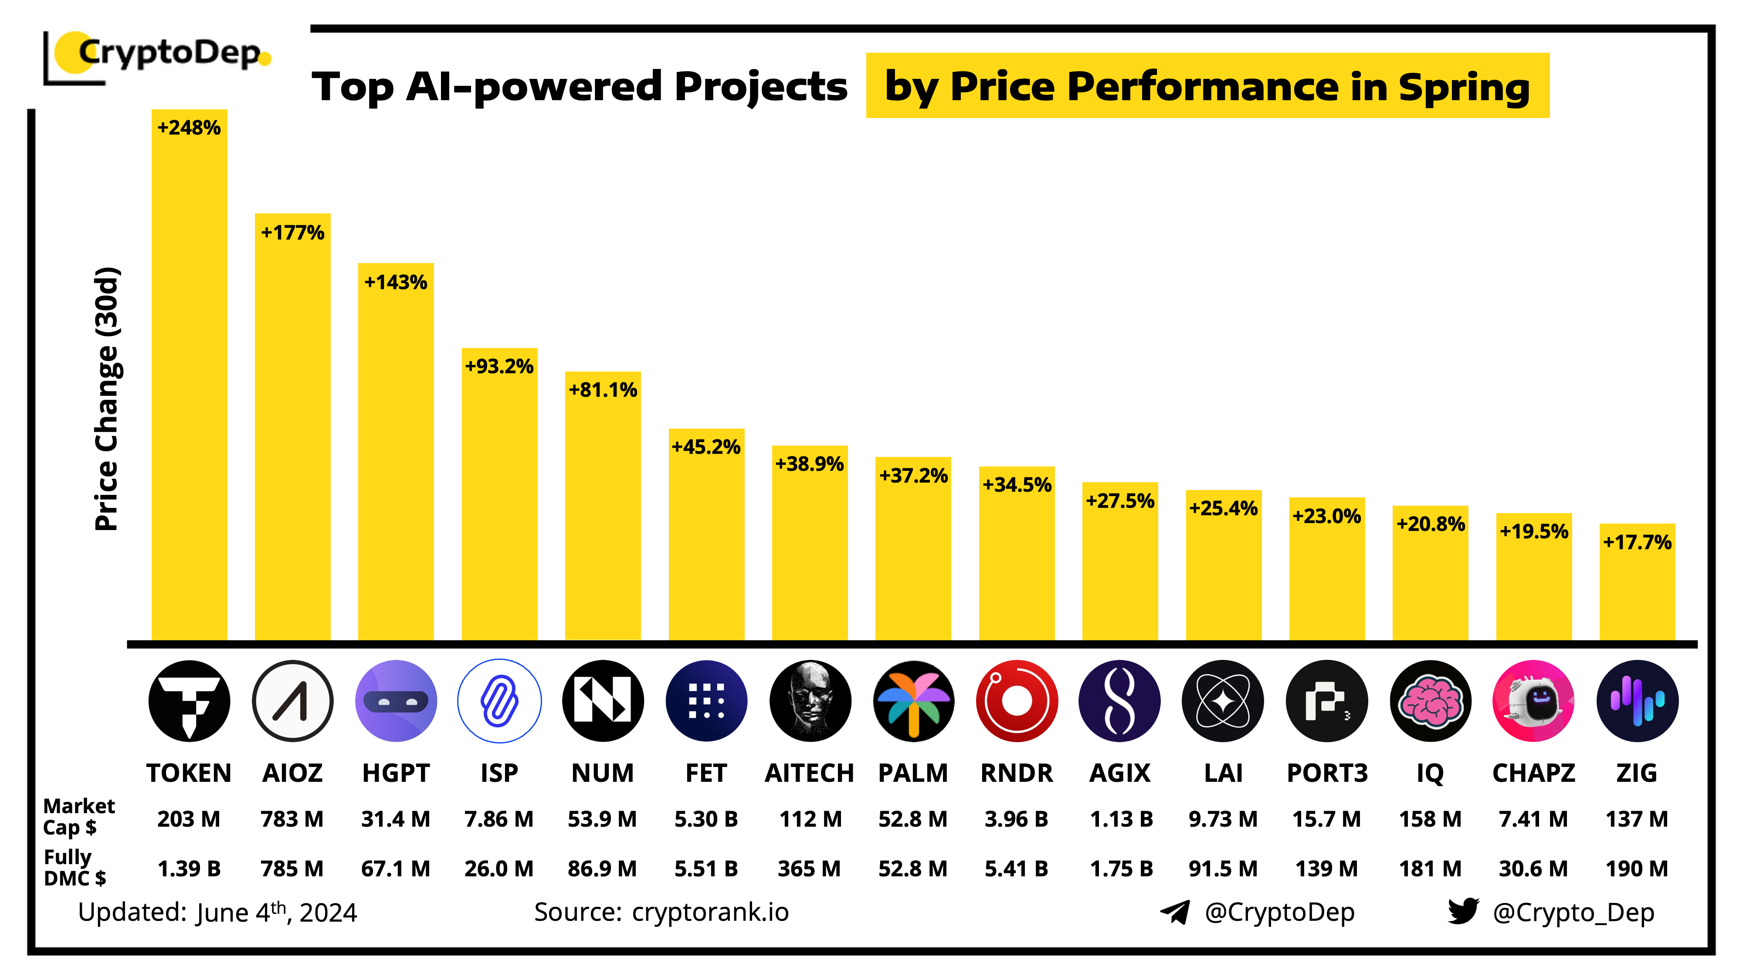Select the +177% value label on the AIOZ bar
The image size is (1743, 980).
pyautogui.click(x=292, y=233)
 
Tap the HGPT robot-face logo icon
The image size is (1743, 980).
pyautogui.click(x=396, y=701)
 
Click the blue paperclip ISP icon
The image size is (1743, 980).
pyautogui.click(x=499, y=701)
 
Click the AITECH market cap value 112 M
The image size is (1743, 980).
pyautogui.click(x=810, y=819)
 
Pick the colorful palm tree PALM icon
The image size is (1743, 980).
pyautogui.click(x=913, y=701)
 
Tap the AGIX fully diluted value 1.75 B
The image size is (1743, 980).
pyautogui.click(x=1120, y=868)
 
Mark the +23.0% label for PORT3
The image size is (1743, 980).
pyautogui.click(x=1326, y=516)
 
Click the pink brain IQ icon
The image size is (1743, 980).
pyautogui.click(x=1431, y=701)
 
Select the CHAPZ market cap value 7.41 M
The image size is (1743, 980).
pyautogui.click(x=1533, y=819)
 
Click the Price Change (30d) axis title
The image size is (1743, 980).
pyautogui.click(x=107, y=399)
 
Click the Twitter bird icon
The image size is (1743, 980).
pyautogui.click(x=1463, y=911)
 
